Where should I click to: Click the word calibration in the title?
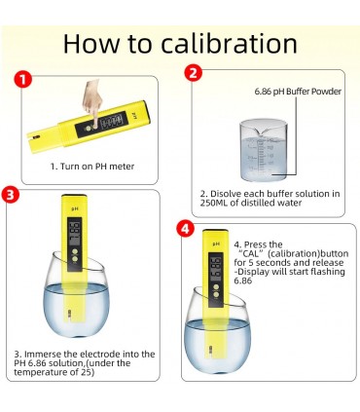(x=229, y=44)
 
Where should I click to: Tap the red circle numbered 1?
(x=22, y=80)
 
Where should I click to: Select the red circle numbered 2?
(x=194, y=73)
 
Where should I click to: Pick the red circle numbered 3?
(x=11, y=195)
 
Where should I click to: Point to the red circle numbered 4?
(x=185, y=229)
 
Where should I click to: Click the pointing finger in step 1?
(x=92, y=102)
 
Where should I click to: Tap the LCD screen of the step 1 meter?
(x=112, y=121)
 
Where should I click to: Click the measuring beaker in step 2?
(x=264, y=150)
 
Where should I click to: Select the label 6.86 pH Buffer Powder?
(x=298, y=92)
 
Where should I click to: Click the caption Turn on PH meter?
(x=92, y=167)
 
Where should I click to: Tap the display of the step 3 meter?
(x=75, y=232)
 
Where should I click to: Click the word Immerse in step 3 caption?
(x=44, y=354)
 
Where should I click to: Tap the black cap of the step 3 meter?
(x=74, y=197)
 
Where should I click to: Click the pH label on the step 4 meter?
(x=216, y=243)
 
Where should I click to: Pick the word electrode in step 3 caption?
(x=100, y=354)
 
